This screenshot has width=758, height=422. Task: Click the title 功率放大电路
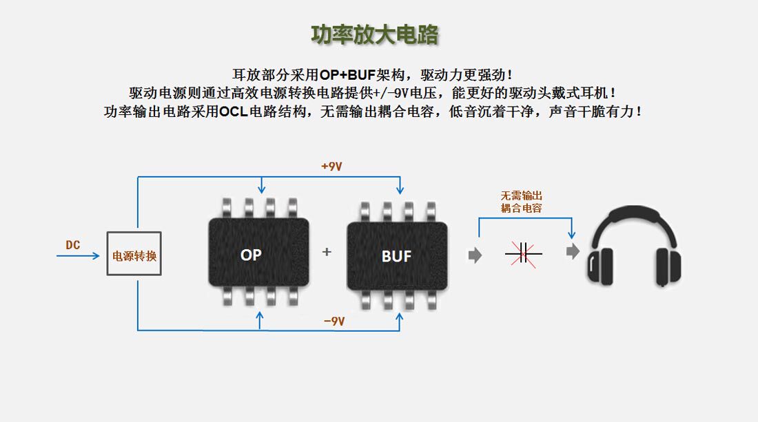pos(375,34)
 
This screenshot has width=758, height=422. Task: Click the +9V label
pos(331,167)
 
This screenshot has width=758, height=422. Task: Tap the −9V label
pos(334,321)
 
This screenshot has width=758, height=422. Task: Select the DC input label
pos(72,245)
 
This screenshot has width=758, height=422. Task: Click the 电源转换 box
pos(134,254)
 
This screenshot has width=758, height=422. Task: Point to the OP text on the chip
pos(251,255)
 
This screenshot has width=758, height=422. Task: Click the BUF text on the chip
pos(396,257)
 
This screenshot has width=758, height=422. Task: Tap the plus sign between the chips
pos(327,252)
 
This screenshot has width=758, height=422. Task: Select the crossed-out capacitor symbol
pos(523,253)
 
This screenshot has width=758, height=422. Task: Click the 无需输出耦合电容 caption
pos(521,202)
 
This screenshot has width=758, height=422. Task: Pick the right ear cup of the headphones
pos(668,267)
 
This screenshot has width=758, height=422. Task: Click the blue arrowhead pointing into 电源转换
pos(96,256)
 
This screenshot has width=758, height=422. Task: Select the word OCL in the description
pos(234,112)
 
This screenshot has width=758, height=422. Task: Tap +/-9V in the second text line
pos(398,93)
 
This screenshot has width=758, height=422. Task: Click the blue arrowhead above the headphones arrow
pos(572,235)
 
